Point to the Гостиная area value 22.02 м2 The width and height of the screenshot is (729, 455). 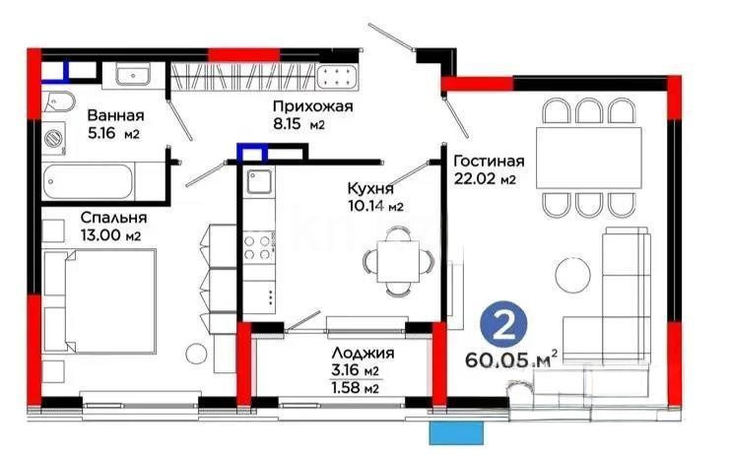click(x=483, y=179)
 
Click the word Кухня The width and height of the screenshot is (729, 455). click(x=371, y=187)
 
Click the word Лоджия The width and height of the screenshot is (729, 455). click(x=364, y=354)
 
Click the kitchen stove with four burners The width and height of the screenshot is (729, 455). click(x=259, y=246)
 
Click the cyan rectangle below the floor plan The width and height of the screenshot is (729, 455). click(x=458, y=433)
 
